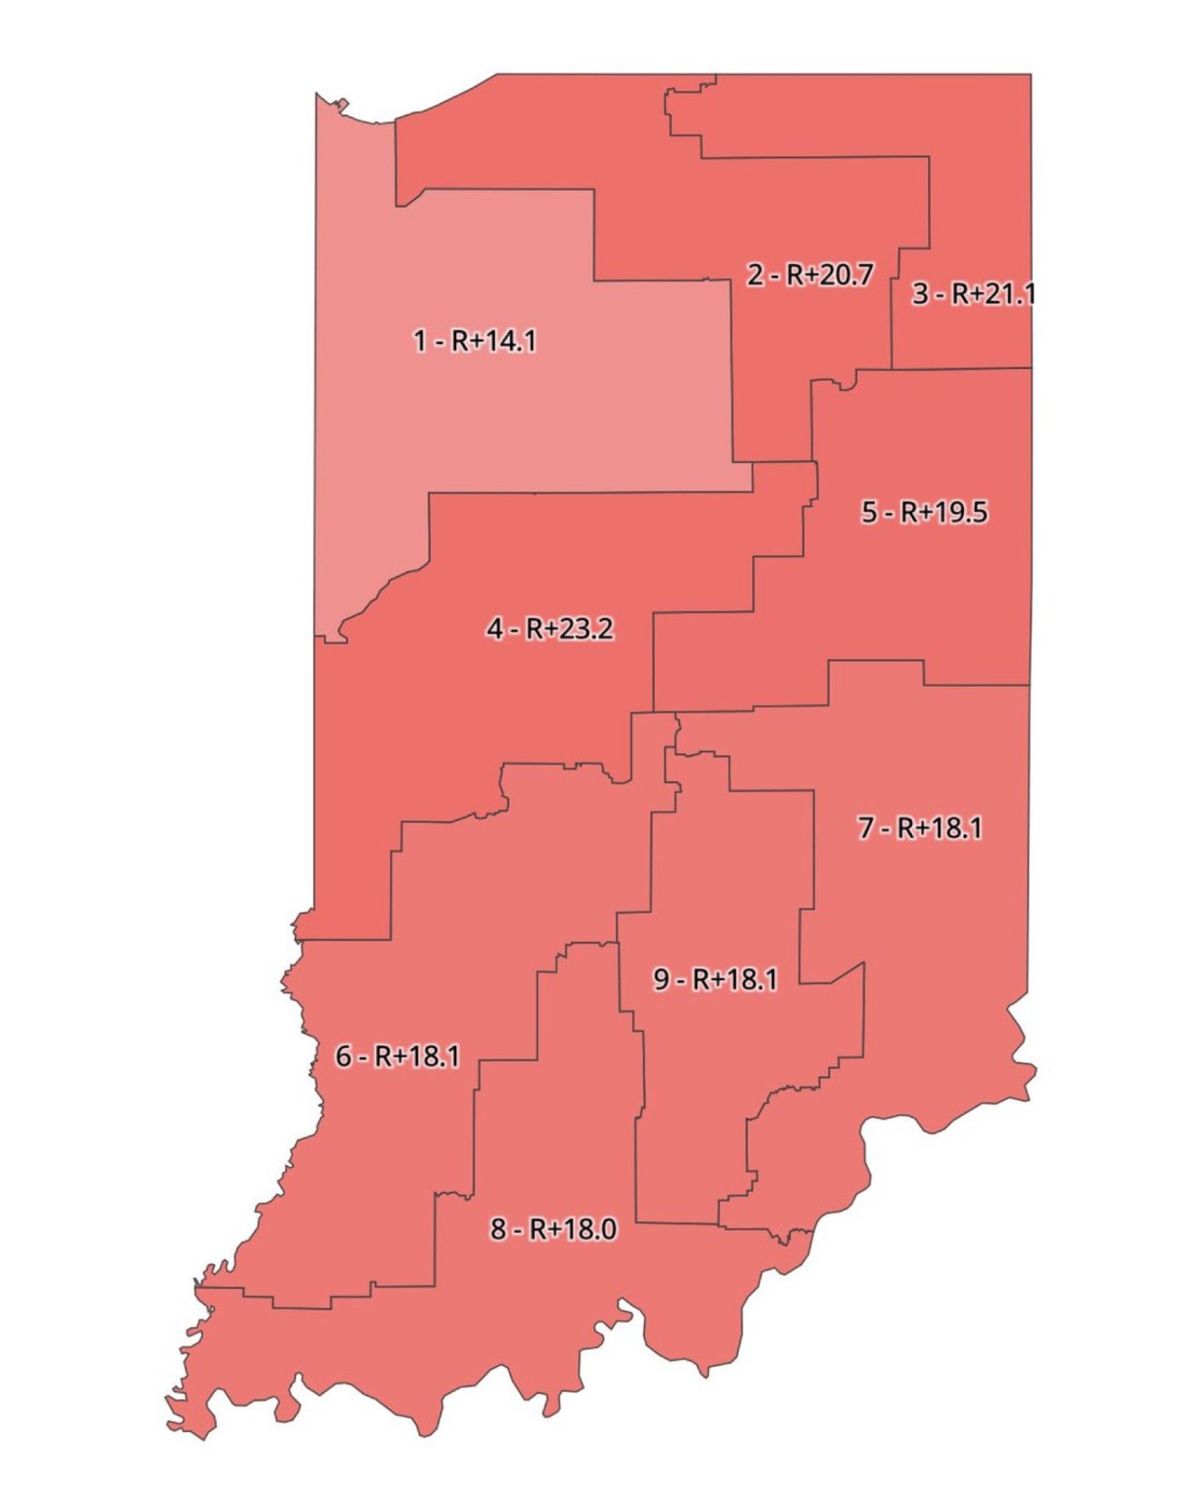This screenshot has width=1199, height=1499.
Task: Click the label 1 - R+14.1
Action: point(475,341)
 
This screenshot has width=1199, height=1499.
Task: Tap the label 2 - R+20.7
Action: point(810,275)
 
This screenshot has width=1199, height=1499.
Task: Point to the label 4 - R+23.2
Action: point(550,629)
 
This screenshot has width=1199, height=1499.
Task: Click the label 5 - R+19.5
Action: point(924,512)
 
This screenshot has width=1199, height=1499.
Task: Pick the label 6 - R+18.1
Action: point(397,1057)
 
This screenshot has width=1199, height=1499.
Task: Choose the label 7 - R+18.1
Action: point(920,828)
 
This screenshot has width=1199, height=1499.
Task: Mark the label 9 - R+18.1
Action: point(715,979)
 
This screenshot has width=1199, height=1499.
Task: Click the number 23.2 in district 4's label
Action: point(586,629)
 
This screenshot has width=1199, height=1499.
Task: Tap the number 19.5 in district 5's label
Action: point(961,512)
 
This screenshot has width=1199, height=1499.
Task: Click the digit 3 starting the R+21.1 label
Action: point(920,294)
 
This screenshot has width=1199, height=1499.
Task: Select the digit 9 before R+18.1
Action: point(660,979)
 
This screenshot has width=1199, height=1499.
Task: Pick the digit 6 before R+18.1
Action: point(343,1057)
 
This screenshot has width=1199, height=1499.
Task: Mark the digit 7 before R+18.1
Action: point(865,828)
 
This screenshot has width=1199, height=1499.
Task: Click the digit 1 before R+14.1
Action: point(420,341)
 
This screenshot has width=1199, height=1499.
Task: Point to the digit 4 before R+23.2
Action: point(494,629)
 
